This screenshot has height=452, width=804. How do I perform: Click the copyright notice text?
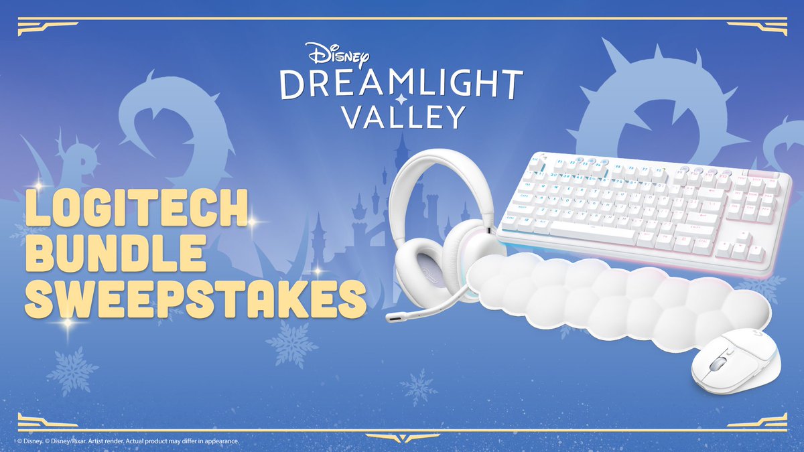127,441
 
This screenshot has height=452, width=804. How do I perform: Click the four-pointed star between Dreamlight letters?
401,98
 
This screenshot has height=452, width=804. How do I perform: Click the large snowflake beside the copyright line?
72,370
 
